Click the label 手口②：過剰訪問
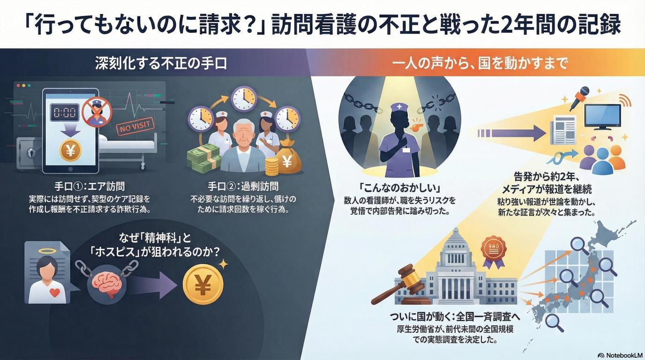pos(243,186)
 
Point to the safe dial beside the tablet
pos(29,153)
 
